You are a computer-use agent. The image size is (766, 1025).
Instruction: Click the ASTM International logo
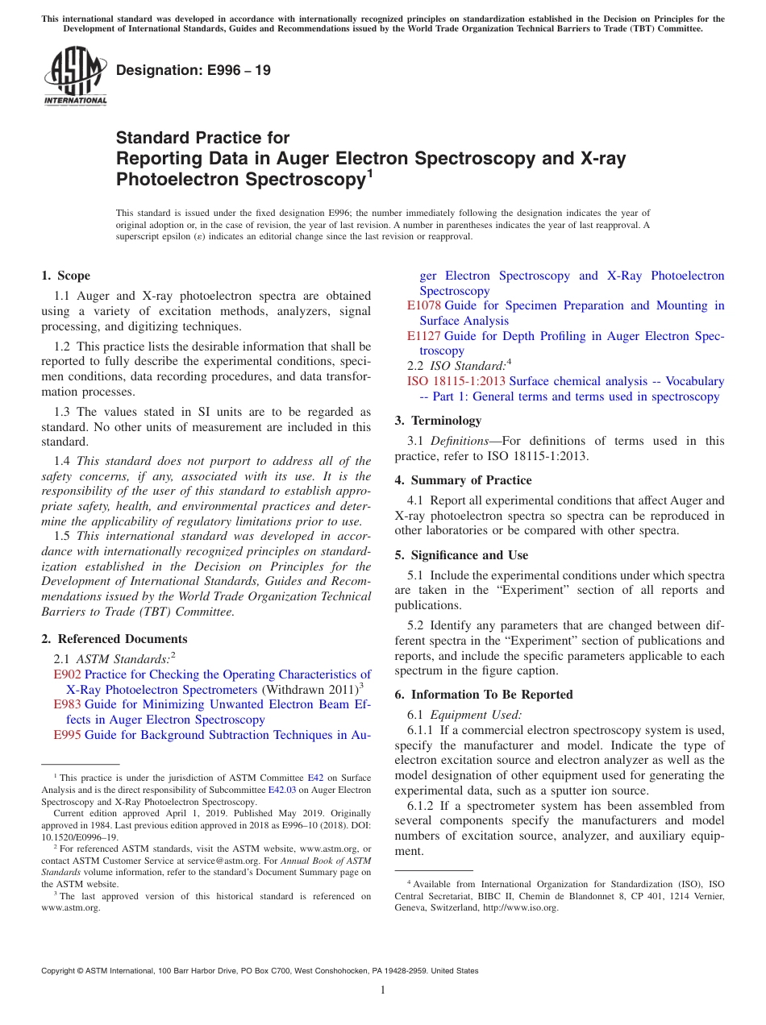coord(75,77)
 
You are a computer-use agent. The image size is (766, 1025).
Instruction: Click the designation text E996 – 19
coord(194,71)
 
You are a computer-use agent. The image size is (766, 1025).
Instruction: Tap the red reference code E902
coord(67,674)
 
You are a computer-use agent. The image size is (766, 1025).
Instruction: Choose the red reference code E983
coord(67,704)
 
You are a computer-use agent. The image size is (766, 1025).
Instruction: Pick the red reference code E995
coord(67,735)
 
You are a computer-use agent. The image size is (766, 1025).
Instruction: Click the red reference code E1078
coord(424,305)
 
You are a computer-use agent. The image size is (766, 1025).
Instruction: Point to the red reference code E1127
coord(424,336)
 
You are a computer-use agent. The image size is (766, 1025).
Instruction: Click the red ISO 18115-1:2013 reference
coord(456,381)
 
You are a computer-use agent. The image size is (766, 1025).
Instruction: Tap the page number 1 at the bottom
coord(383,990)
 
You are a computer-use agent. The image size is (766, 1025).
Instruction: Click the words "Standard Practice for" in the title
coord(202,138)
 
